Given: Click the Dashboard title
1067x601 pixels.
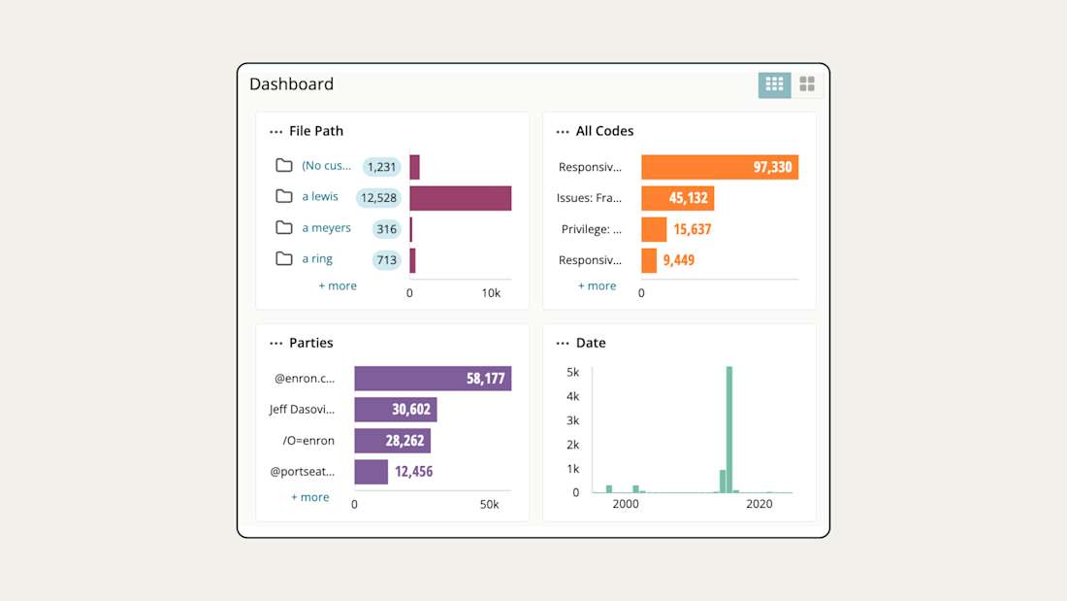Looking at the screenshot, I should (291, 84).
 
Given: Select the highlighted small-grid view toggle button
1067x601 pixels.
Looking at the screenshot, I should (774, 84).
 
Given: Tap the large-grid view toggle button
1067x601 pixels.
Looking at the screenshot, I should (807, 84).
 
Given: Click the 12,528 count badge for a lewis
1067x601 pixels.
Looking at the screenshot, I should (377, 198).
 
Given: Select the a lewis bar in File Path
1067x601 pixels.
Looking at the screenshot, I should (460, 198).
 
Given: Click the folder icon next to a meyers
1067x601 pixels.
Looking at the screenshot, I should (283, 227).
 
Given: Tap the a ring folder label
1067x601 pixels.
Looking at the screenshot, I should (317, 259).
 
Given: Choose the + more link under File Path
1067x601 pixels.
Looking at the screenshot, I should (338, 286).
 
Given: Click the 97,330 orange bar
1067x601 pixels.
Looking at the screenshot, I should (719, 167).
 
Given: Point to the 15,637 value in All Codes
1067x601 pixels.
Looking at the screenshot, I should (692, 229).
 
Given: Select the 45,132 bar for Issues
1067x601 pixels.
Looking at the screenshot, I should (677, 198).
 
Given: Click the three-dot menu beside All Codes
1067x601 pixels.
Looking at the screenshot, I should (563, 132).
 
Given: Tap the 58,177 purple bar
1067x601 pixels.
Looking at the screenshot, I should (433, 379).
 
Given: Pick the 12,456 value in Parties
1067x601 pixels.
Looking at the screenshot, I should (413, 472).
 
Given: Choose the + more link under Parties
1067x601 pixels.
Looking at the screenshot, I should (310, 497).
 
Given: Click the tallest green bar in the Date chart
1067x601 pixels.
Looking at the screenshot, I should (728, 429).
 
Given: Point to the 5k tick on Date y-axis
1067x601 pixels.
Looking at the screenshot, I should (572, 372).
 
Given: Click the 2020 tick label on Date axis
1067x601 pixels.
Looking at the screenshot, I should (759, 505).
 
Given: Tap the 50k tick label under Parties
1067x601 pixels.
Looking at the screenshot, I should (489, 505).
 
